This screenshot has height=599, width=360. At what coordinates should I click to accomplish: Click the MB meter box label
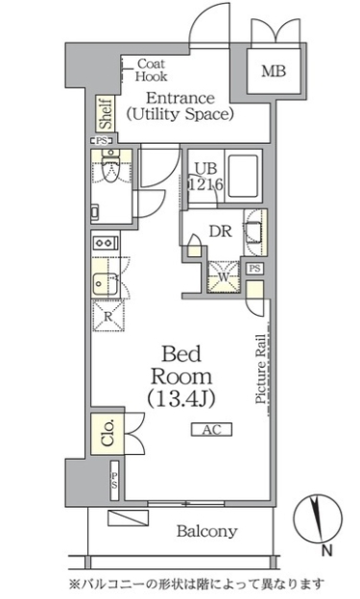coord(274,71)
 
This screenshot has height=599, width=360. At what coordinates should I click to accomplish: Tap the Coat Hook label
coord(151,70)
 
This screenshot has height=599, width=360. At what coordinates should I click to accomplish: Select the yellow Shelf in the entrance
coord(106,113)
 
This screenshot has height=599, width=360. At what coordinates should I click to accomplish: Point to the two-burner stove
coord(105,243)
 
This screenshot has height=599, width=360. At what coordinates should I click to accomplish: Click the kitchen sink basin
coord(105,284)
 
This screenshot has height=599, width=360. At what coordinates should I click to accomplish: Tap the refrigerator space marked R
coord(108,316)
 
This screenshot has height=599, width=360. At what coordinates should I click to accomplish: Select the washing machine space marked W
coord(224,276)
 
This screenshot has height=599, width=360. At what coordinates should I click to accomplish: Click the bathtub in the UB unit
coord(243,175)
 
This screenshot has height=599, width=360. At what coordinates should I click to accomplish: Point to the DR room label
coord(221,230)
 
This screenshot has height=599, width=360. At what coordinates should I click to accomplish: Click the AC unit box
coord(212,429)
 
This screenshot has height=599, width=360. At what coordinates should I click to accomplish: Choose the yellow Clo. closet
coord(108,433)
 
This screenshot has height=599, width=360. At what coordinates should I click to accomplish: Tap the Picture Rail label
coord(261,369)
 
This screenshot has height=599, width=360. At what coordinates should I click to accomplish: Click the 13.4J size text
coord(181,398)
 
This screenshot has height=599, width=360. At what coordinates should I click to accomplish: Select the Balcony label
coord(206,531)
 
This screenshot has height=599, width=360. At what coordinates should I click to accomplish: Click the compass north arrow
coord(317,518)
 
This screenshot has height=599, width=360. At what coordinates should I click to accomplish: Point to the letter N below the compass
coord(326,550)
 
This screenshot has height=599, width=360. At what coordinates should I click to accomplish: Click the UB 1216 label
coord(206,176)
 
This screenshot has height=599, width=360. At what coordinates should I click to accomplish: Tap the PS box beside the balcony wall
coord(114,481)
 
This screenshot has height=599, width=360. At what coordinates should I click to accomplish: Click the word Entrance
coord(180,98)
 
